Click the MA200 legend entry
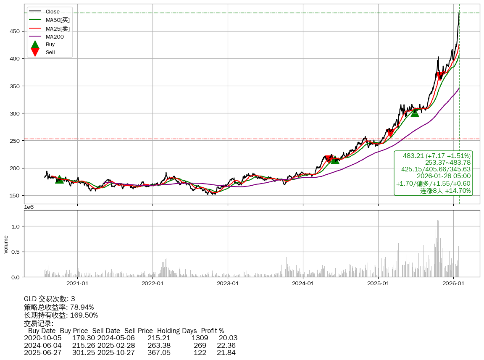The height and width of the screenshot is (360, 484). click(x=54, y=37)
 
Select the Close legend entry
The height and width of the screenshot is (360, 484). click(x=53, y=11)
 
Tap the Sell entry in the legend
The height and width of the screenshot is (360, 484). click(x=50, y=53)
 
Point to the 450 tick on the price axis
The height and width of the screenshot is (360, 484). click(x=16, y=31)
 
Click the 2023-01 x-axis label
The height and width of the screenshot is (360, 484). click(x=228, y=283)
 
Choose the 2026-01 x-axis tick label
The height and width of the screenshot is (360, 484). click(x=453, y=283)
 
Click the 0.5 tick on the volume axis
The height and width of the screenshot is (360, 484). click(x=16, y=252)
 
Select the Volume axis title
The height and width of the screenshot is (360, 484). click(x=6, y=244)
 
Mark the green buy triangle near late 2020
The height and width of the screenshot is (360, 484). click(x=60, y=179)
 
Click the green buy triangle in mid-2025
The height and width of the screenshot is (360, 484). click(x=415, y=113)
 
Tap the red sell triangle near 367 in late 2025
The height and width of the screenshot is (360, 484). click(x=439, y=76)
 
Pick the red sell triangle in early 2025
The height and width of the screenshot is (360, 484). click(x=390, y=133)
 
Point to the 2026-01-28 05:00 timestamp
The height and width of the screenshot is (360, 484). click(x=443, y=176)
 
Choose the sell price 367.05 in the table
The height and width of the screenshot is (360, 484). click(x=159, y=352)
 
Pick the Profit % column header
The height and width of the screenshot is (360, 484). click(x=212, y=331)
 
